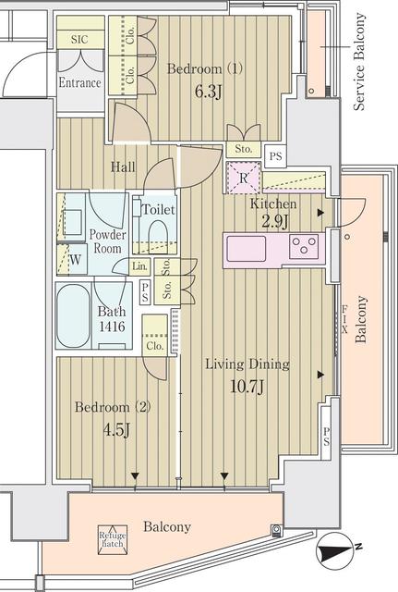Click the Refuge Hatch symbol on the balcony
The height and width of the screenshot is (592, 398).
coord(113,540)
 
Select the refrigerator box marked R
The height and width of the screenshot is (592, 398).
coord(244,178)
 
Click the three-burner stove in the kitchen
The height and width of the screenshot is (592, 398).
coord(304,246)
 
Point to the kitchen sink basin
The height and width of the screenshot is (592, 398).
coord(247,249)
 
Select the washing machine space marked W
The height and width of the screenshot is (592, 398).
coord(75,259)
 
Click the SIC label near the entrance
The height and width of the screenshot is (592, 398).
coord(79,39)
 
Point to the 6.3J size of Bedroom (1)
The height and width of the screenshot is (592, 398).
coord(208,92)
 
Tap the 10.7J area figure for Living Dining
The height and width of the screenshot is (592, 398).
coord(247,387)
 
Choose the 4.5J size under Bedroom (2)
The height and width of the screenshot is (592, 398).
coord(116,429)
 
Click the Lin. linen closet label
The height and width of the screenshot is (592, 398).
coord(139,266)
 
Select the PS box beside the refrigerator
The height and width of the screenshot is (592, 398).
coord(275,156)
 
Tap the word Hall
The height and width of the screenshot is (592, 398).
coord(123,166)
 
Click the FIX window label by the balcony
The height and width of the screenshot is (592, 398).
coord(344,319)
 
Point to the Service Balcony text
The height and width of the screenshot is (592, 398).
coord(359,62)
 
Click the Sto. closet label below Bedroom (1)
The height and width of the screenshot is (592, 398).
coord(244,149)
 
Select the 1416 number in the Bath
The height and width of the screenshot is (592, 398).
coord(112,327)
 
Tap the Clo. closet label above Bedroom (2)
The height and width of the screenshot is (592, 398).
coord(155,345)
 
